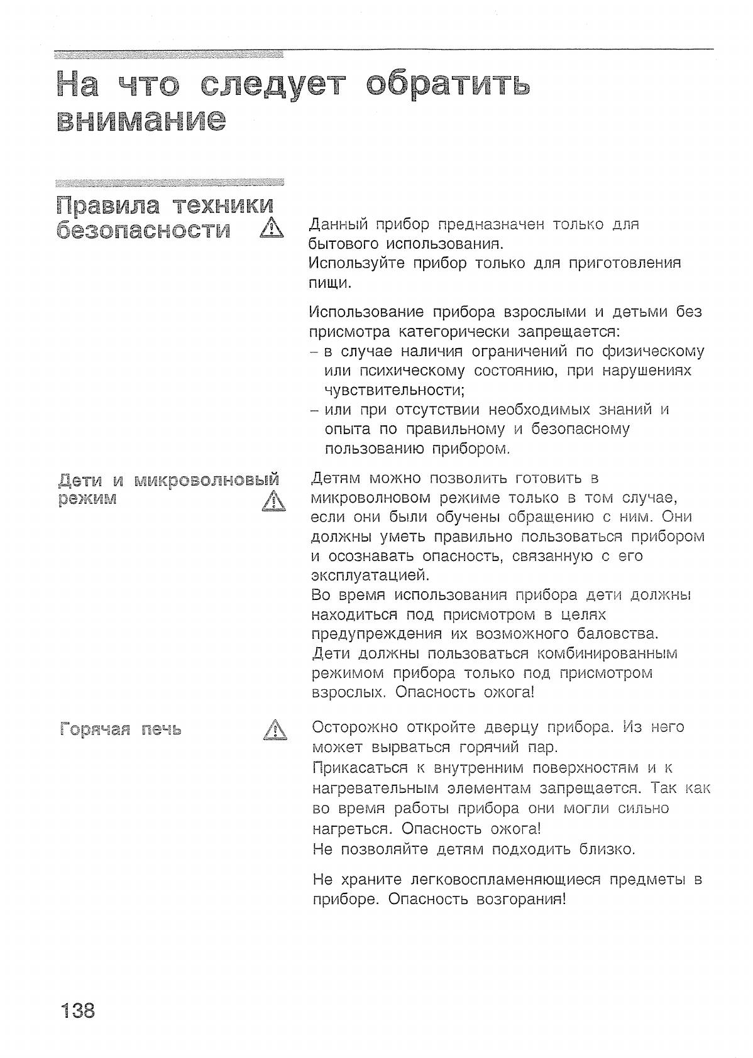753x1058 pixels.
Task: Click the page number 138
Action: (x=78, y=1010)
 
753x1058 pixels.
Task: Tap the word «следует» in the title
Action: (x=273, y=85)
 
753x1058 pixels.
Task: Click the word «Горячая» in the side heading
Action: (x=95, y=729)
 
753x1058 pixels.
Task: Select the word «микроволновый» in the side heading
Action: (x=207, y=481)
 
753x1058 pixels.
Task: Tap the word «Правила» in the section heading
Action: (x=107, y=205)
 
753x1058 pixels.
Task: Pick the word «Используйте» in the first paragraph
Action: (x=355, y=263)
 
